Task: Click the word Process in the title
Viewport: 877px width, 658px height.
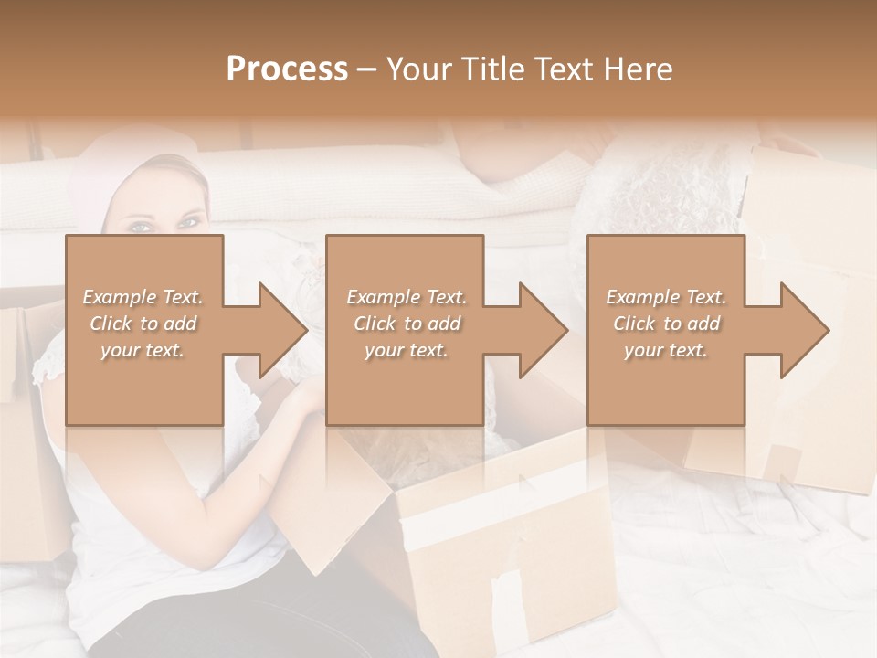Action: [x=287, y=69]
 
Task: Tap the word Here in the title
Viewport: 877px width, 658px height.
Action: [x=639, y=69]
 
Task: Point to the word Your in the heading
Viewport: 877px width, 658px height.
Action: [x=419, y=69]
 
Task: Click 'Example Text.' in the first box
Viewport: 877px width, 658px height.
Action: [x=143, y=297]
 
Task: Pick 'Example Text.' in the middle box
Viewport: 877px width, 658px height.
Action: [x=407, y=297]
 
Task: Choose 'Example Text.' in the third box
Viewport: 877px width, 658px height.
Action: [x=666, y=297]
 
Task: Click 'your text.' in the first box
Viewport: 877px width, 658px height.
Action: [x=143, y=350]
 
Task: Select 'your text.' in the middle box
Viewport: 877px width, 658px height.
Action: [x=407, y=350]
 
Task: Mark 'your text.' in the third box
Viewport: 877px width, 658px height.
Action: [x=666, y=350]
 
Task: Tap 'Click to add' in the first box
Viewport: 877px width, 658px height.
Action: [x=143, y=324]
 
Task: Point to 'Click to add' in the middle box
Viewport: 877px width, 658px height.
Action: [x=407, y=324]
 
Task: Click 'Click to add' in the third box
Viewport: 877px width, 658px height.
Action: [x=666, y=324]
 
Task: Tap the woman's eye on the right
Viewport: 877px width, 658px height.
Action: [x=189, y=221]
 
